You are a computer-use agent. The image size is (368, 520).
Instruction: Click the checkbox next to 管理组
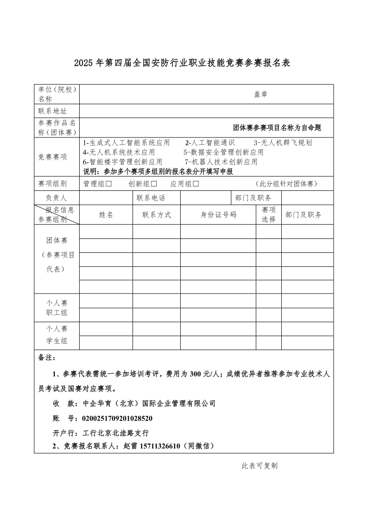(x=109, y=184)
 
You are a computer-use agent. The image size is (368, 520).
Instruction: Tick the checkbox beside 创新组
(x=154, y=184)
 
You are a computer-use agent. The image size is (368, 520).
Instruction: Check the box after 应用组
(x=196, y=184)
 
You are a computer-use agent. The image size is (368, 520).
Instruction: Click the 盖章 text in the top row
(x=260, y=94)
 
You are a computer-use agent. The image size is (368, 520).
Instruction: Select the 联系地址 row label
(x=52, y=111)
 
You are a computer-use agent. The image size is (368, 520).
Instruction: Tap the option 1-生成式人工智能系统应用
(x=127, y=143)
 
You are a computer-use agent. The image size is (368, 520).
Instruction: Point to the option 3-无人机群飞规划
(x=283, y=143)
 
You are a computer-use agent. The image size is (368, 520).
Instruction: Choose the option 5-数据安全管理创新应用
(x=223, y=152)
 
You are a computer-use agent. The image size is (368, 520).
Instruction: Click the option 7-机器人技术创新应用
(x=221, y=162)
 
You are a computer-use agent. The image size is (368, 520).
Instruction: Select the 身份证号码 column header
(x=218, y=215)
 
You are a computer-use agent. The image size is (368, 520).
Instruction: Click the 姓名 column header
(x=106, y=215)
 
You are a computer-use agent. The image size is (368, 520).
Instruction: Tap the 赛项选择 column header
(x=269, y=215)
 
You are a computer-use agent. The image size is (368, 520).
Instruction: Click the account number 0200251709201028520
(x=117, y=418)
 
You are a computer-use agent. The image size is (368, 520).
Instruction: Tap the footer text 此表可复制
(x=260, y=466)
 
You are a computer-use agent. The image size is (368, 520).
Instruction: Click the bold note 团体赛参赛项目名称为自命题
(x=277, y=127)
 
